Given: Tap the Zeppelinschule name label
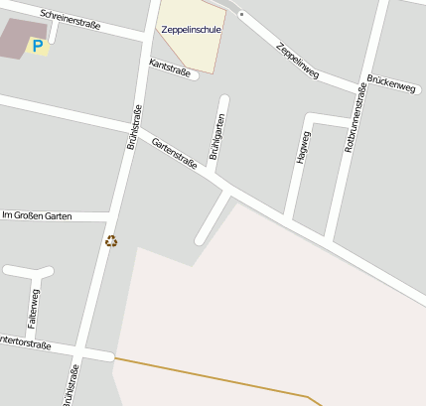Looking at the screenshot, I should (192, 30).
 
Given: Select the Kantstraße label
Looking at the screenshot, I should (169, 66).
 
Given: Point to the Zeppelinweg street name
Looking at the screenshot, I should (298, 61).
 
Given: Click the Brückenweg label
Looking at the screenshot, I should (390, 84).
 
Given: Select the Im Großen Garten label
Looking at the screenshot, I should (38, 215).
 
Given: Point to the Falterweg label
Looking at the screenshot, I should (34, 307).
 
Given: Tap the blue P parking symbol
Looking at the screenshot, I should (39, 46).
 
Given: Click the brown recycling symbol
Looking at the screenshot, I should (111, 240).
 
